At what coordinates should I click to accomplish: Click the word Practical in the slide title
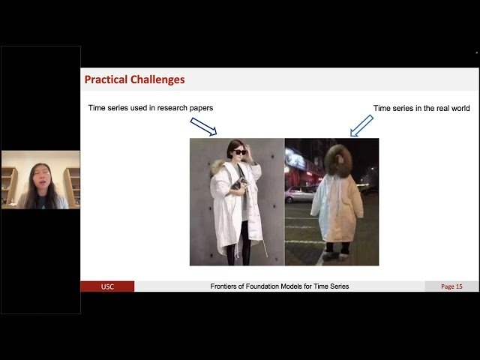(107, 79)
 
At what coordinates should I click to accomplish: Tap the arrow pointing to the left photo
(203, 125)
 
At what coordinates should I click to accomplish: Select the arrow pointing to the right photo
(361, 125)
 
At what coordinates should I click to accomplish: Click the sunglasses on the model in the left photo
(239, 152)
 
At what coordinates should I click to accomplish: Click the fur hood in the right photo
(340, 160)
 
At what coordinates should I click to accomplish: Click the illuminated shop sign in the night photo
(295, 160)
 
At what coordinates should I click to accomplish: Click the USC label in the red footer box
(107, 286)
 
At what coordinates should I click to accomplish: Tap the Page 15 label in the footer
(451, 286)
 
